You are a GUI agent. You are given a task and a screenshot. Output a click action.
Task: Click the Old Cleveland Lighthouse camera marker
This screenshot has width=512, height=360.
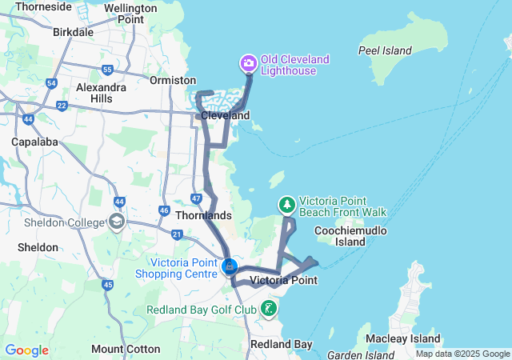click(248, 62)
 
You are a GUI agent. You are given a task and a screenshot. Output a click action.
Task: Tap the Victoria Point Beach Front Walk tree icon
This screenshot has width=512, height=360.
click(287, 206)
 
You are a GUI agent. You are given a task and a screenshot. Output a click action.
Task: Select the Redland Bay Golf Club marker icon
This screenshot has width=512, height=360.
click(270, 308)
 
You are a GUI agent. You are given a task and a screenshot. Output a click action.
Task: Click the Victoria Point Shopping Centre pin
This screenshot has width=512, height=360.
click(230, 266)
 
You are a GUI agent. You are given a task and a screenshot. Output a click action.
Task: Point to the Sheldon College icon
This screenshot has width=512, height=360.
click(117, 221)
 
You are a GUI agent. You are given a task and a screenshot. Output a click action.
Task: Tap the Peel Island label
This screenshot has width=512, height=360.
click(384, 50)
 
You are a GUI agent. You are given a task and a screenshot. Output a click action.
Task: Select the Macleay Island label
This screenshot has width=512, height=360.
click(404, 338)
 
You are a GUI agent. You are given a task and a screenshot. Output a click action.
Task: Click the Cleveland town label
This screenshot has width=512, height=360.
click(225, 115)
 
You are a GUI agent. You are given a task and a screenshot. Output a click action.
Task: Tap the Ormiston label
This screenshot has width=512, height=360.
click(173, 80)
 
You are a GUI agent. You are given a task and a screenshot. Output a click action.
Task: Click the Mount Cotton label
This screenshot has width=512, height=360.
click(118, 349)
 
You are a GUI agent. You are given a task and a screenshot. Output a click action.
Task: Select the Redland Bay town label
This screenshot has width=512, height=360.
click(281, 344)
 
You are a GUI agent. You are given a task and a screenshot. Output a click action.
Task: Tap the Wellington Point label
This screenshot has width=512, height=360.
click(130, 14)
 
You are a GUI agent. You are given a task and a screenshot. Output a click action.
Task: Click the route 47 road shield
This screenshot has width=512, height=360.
click(197, 197)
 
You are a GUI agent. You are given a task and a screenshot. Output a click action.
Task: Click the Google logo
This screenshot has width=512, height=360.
click(26, 350)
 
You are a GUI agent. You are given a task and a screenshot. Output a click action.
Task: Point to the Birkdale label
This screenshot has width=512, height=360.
click(73, 33)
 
